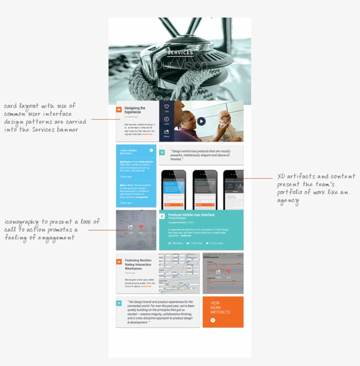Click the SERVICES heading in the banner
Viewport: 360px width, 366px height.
pyautogui.click(x=180, y=53)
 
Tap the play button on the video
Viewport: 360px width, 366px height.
pyautogui.click(x=201, y=121)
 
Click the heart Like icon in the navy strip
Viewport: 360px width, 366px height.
pyautogui.click(x=166, y=107)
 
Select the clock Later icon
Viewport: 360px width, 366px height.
pyautogui.click(x=166, y=119)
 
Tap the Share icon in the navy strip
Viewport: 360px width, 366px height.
pyautogui.click(x=166, y=132)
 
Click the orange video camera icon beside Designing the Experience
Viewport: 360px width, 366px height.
pyautogui.click(x=119, y=110)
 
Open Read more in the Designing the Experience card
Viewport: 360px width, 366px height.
pyautogui.click(x=148, y=134)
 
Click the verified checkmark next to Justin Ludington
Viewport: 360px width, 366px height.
pyautogui.click(x=151, y=151)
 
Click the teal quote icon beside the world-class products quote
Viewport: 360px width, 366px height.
pyautogui.click(x=162, y=153)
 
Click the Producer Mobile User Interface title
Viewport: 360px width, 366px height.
pyautogui.click(x=191, y=215)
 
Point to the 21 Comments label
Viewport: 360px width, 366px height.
pyautogui.click(x=216, y=243)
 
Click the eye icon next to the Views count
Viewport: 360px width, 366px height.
pyautogui.click(x=188, y=243)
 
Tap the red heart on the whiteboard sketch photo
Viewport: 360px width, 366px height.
pyautogui.click(x=141, y=227)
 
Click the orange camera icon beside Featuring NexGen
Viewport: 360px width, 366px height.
pyautogui.click(x=119, y=262)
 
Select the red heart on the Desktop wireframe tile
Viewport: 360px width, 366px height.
pyautogui.click(x=229, y=272)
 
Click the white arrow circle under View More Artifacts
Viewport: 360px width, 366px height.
pyautogui.click(x=213, y=320)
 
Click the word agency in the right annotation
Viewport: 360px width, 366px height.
pyautogui.click(x=288, y=201)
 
